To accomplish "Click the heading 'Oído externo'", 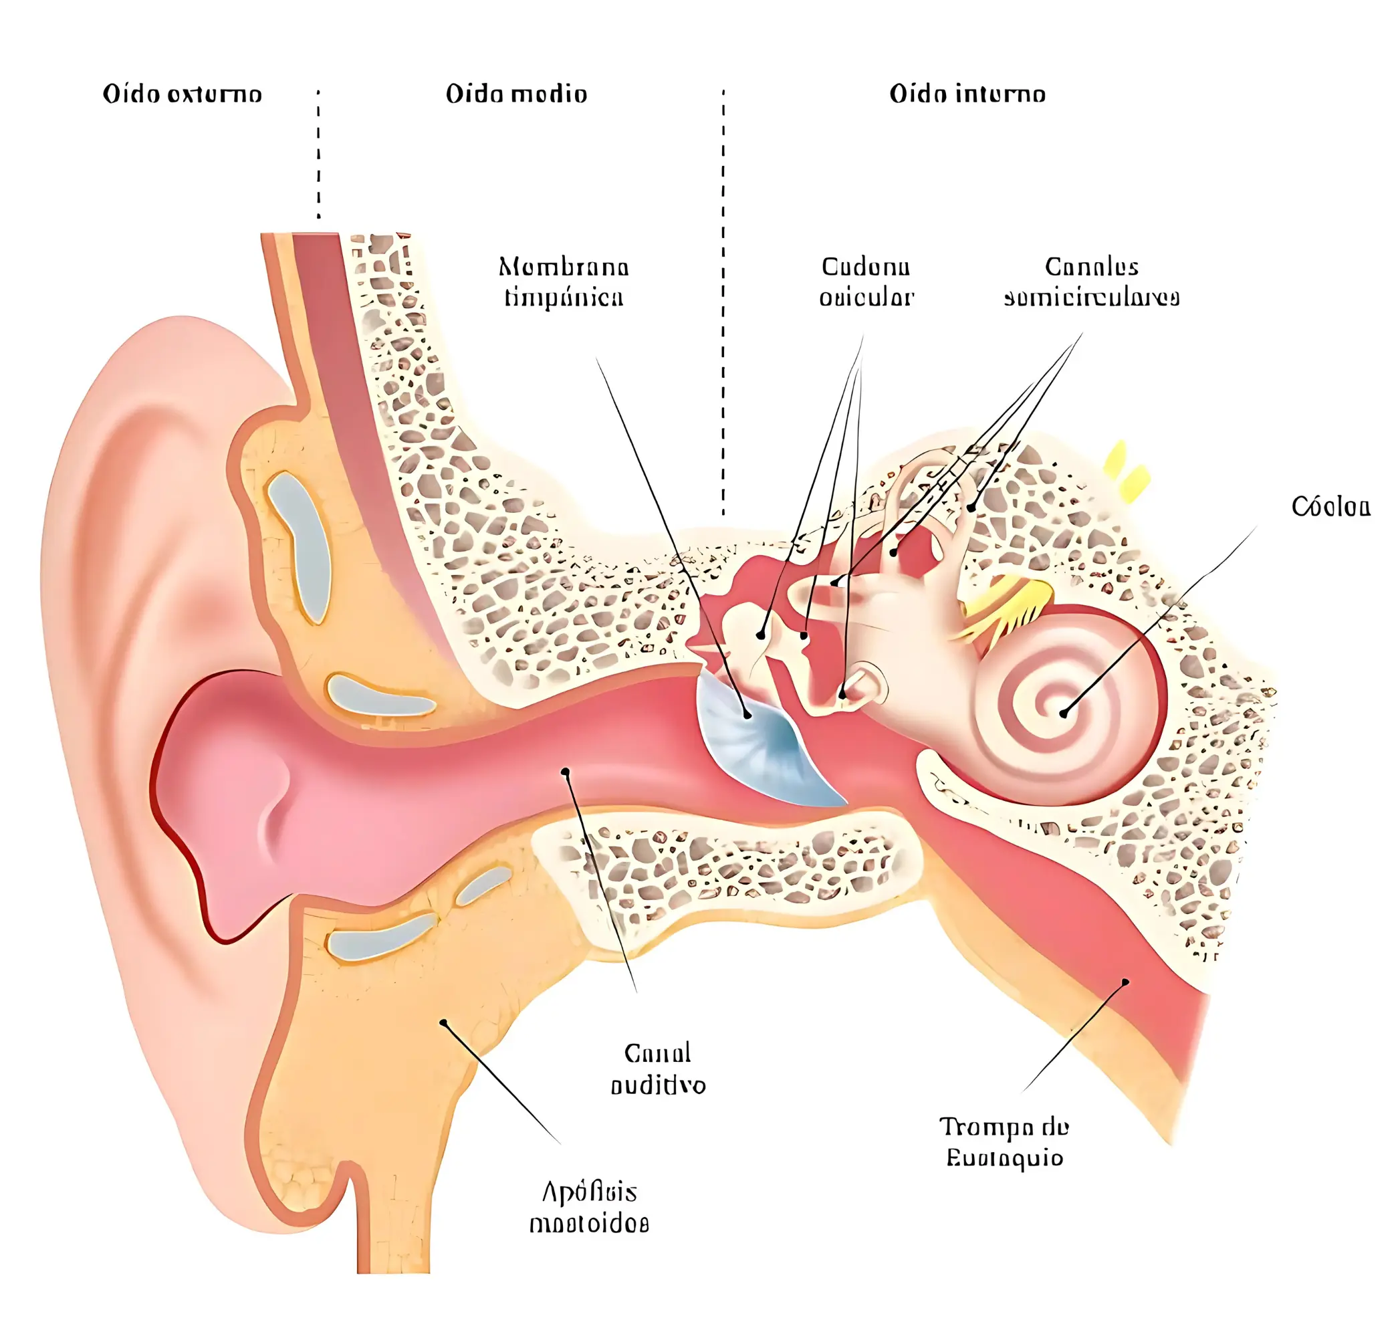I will pos(182,94).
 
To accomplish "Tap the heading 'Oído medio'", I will pos(516,94).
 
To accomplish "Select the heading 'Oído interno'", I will pos(966,94).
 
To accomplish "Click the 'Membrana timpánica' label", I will pos(564,282).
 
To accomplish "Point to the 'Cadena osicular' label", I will pos(866,282).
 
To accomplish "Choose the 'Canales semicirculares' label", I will pos(1090,282).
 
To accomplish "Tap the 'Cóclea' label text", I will pos(1330,507).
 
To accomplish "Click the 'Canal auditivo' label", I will pos(657,1069).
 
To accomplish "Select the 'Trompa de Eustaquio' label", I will pos(1004,1141).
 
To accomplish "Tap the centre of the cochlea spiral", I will pos(1062,713).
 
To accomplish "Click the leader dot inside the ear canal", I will pos(565,772).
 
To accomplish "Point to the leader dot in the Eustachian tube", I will pos(1125,982).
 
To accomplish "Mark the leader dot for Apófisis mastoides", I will pos(443,1022).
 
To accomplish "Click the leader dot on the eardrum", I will pos(747,715).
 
